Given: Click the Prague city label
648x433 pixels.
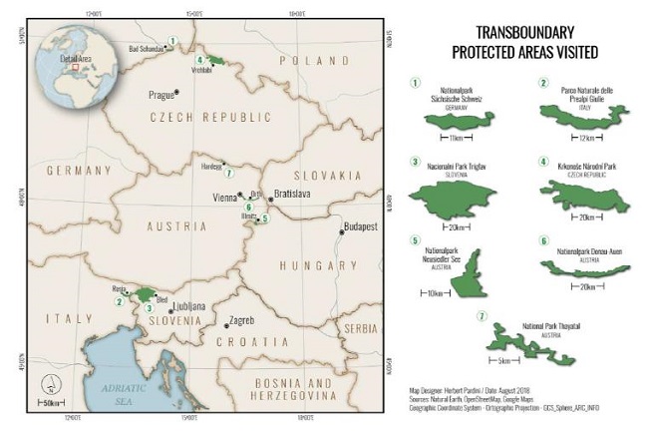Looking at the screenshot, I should click(x=160, y=96).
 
